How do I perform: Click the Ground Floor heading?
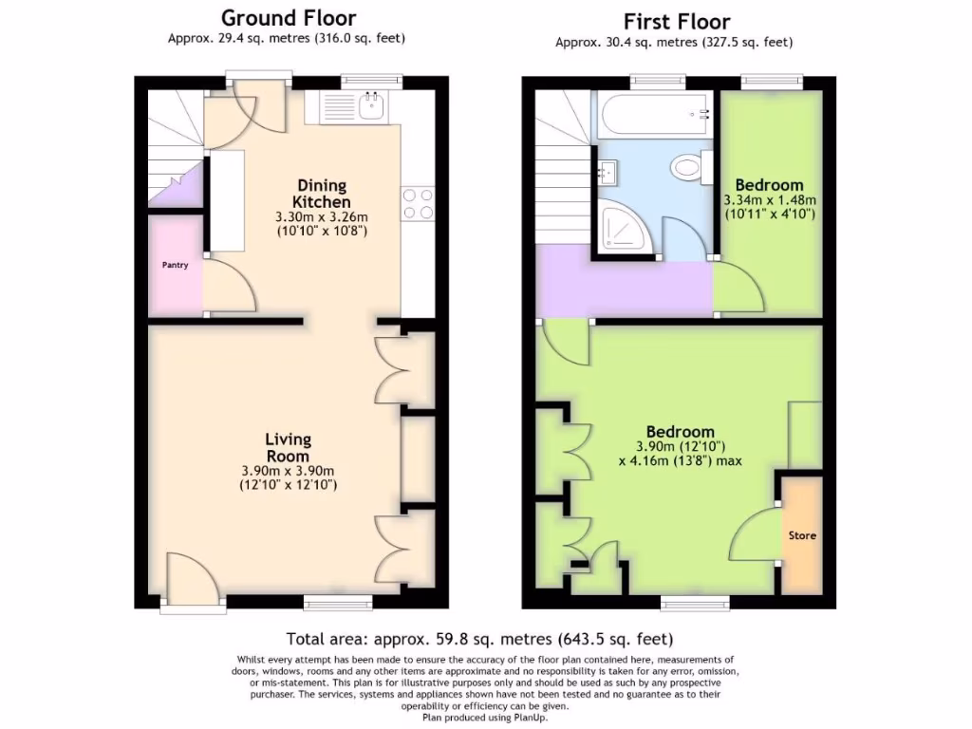click(289, 18)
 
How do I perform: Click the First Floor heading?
click(676, 21)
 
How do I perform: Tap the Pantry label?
click(174, 265)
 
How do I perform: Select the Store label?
click(802, 535)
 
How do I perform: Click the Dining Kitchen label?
click(321, 194)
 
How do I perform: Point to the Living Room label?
click(288, 447)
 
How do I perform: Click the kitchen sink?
click(351, 108)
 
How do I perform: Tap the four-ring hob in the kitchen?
click(419, 203)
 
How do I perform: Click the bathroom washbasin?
click(607, 173)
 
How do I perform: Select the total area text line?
click(479, 639)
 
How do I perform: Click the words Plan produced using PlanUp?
click(485, 718)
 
